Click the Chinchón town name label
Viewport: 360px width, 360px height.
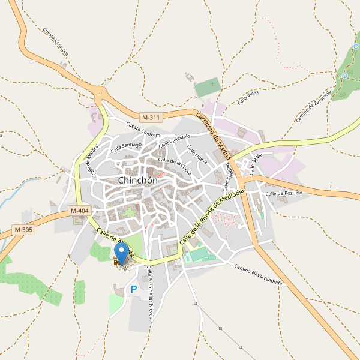pos(138,181)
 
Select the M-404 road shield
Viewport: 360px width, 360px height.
pos(80,211)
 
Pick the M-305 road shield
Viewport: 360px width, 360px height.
pos(23,230)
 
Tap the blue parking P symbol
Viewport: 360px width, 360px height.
pos(133,290)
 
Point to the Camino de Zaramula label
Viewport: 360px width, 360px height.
pos(313,106)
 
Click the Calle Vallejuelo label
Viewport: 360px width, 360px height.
pos(174,140)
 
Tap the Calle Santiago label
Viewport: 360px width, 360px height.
pos(126,146)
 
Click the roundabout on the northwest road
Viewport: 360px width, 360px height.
pos(100,91)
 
